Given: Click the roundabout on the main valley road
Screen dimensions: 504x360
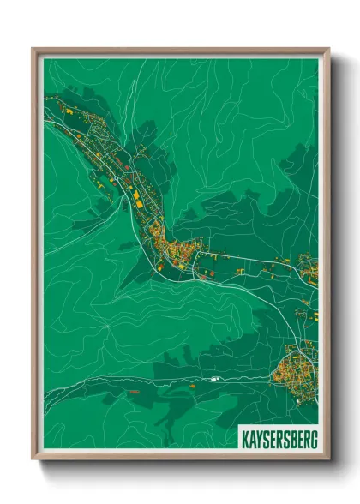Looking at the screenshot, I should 159,263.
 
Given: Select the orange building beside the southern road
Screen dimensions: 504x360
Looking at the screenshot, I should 192,385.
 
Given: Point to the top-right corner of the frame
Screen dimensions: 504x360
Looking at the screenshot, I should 328,50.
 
